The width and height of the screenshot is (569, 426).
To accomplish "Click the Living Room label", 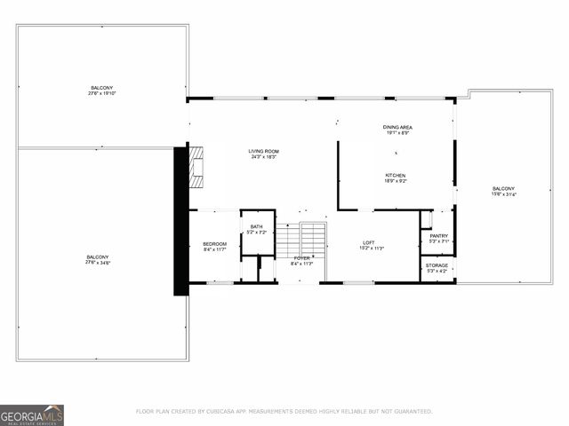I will [x=263, y=152].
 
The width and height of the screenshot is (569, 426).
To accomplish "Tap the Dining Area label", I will [x=397, y=128].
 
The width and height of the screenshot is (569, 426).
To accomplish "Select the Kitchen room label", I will [x=396, y=176].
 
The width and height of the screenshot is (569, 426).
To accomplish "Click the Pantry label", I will [x=438, y=236].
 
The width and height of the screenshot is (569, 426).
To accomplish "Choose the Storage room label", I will [x=437, y=264].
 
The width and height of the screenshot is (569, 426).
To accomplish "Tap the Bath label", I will [x=256, y=227].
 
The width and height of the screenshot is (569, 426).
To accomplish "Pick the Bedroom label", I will [x=214, y=244].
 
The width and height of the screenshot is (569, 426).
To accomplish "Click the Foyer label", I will [x=302, y=258].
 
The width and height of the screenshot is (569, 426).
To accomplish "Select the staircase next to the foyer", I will [x=301, y=237].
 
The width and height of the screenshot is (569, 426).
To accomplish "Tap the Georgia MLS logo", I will [x=32, y=414].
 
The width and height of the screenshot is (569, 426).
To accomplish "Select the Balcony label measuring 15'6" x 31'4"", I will [x=503, y=189].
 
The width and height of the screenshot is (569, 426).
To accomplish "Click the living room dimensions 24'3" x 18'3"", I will [x=263, y=157].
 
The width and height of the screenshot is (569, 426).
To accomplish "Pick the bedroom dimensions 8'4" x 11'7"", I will [x=214, y=249].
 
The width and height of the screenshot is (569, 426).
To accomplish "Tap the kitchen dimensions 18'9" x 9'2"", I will [x=396, y=181].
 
